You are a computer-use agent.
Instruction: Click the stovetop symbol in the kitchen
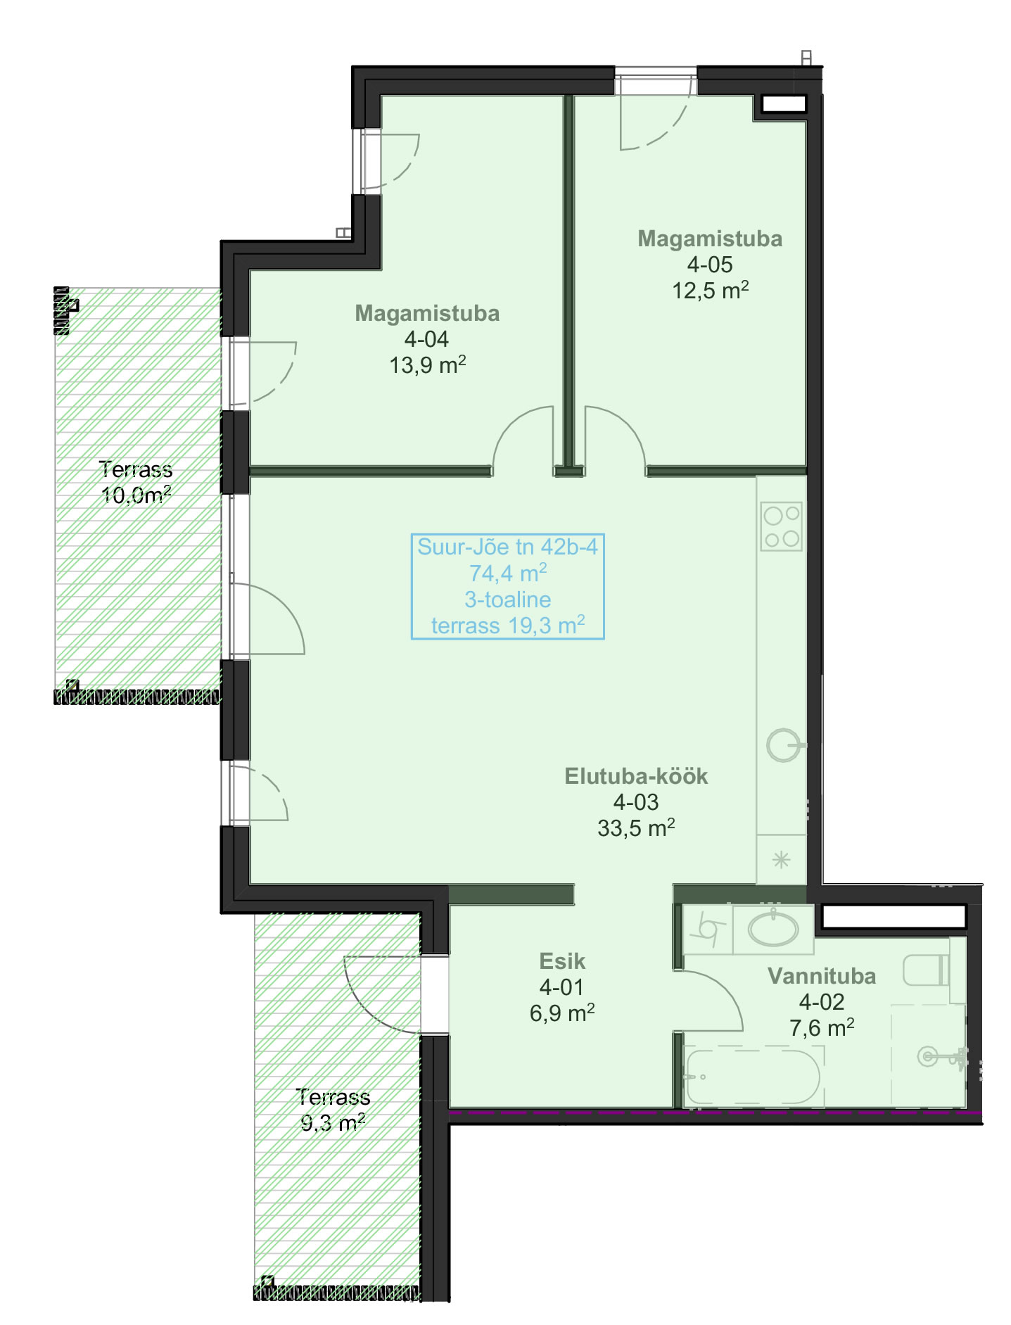[x=781, y=526]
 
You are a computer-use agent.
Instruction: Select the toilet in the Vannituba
[x=926, y=970]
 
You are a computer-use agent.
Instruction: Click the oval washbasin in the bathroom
[x=773, y=929]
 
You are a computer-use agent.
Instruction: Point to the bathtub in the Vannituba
[x=753, y=1077]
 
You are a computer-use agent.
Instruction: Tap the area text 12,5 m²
[x=710, y=290]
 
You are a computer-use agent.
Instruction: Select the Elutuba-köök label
[x=636, y=776]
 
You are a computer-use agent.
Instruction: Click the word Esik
[x=562, y=961]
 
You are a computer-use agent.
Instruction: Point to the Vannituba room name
[x=822, y=976]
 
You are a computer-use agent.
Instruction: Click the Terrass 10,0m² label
[x=136, y=482]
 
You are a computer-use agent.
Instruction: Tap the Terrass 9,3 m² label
[x=333, y=1110]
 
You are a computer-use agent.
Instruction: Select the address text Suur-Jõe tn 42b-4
[x=507, y=547]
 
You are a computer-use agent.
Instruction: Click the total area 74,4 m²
[x=508, y=573]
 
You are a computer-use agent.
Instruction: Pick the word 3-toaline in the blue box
[x=507, y=600]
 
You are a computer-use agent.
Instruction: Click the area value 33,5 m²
[x=636, y=828]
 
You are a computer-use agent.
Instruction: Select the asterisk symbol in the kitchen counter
[x=781, y=859]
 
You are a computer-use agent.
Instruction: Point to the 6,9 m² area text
[x=562, y=1013]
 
